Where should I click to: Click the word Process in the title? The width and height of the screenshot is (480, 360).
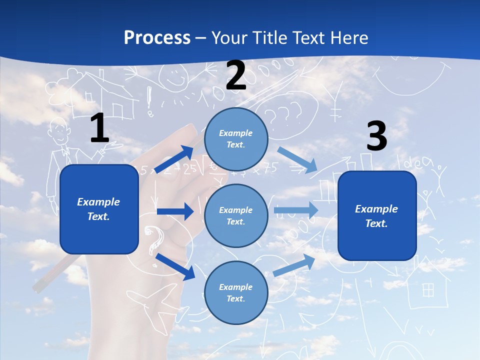[157, 38]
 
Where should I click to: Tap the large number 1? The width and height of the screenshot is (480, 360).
[99, 128]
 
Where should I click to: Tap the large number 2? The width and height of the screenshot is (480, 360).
[235, 76]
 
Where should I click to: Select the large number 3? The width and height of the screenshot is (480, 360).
[376, 136]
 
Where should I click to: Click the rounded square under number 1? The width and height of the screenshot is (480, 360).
[99, 209]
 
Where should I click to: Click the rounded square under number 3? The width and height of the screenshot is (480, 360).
[377, 215]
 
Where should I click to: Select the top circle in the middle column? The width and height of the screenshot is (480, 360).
[236, 139]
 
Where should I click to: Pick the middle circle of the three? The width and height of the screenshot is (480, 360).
[236, 215]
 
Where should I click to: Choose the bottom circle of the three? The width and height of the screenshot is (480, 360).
[236, 292]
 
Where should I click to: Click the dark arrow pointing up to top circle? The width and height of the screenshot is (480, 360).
[174, 159]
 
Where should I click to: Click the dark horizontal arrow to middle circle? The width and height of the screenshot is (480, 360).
[175, 211]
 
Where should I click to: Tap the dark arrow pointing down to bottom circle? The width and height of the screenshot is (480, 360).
[175, 266]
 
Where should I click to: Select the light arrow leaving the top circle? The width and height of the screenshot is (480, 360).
[297, 160]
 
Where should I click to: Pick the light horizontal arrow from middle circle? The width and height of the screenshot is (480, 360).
[295, 210]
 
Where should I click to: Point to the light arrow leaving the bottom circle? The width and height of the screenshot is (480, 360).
[294, 265]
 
